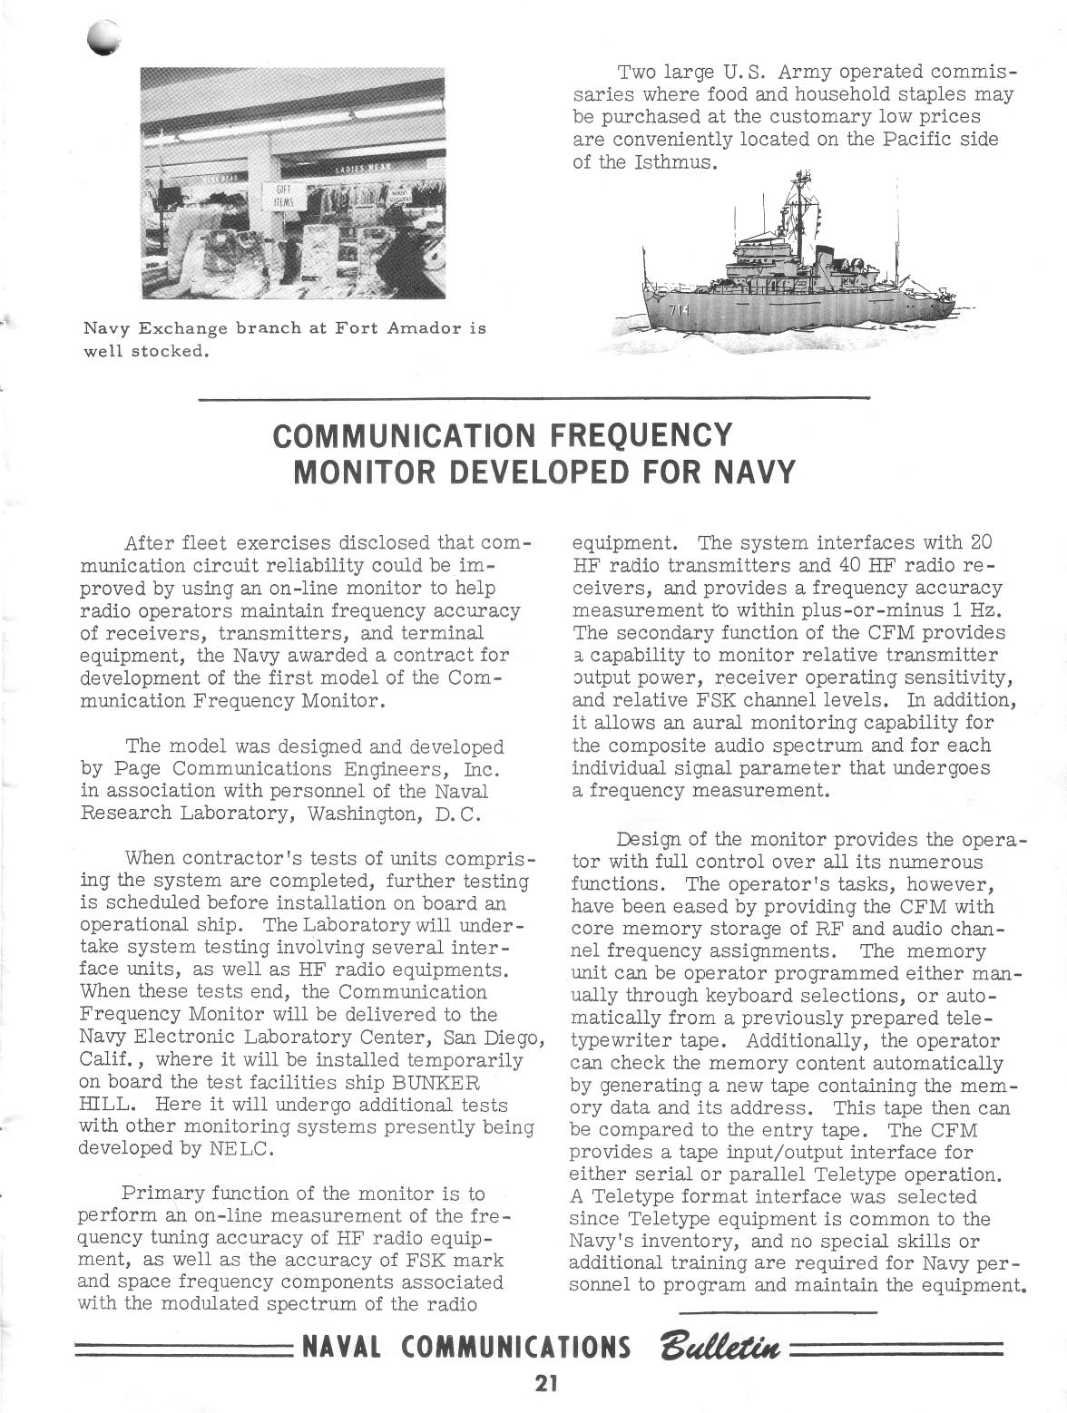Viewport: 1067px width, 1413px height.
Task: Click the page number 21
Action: click(x=545, y=1383)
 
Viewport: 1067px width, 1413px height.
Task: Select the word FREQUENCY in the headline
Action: click(x=641, y=435)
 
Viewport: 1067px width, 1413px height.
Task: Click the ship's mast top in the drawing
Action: click(x=802, y=174)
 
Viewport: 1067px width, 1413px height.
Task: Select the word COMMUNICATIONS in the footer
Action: click(x=516, y=1347)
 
